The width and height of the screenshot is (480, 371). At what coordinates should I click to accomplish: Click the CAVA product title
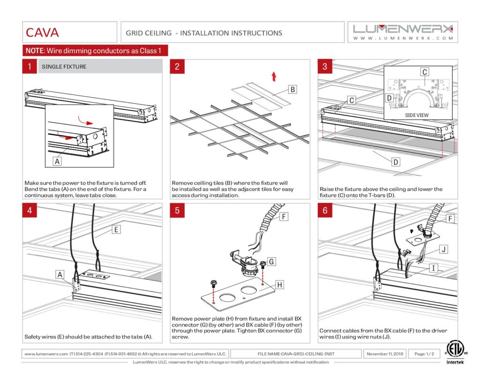[43, 33]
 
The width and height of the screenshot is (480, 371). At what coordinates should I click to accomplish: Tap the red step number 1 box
[30, 67]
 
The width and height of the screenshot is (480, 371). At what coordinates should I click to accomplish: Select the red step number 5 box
[177, 210]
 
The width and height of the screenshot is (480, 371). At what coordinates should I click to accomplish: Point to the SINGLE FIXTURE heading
[64, 67]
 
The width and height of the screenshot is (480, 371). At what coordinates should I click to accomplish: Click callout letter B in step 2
[292, 89]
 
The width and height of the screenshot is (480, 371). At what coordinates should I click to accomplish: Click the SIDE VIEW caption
[416, 115]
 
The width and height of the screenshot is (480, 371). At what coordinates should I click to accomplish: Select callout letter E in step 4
[117, 230]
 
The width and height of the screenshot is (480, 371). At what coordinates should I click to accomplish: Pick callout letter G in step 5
[271, 261]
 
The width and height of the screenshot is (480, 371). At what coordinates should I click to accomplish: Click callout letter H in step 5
[279, 285]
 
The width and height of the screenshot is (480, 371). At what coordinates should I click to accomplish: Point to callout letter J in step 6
[443, 249]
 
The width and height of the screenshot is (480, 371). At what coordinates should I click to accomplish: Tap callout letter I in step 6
[434, 268]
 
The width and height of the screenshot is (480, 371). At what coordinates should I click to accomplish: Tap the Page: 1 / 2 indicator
[424, 354]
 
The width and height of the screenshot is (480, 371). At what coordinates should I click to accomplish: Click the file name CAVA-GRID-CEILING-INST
[296, 354]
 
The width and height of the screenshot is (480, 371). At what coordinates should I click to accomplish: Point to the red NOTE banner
[95, 51]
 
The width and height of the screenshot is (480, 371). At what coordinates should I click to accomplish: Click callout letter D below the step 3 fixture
[396, 162]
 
